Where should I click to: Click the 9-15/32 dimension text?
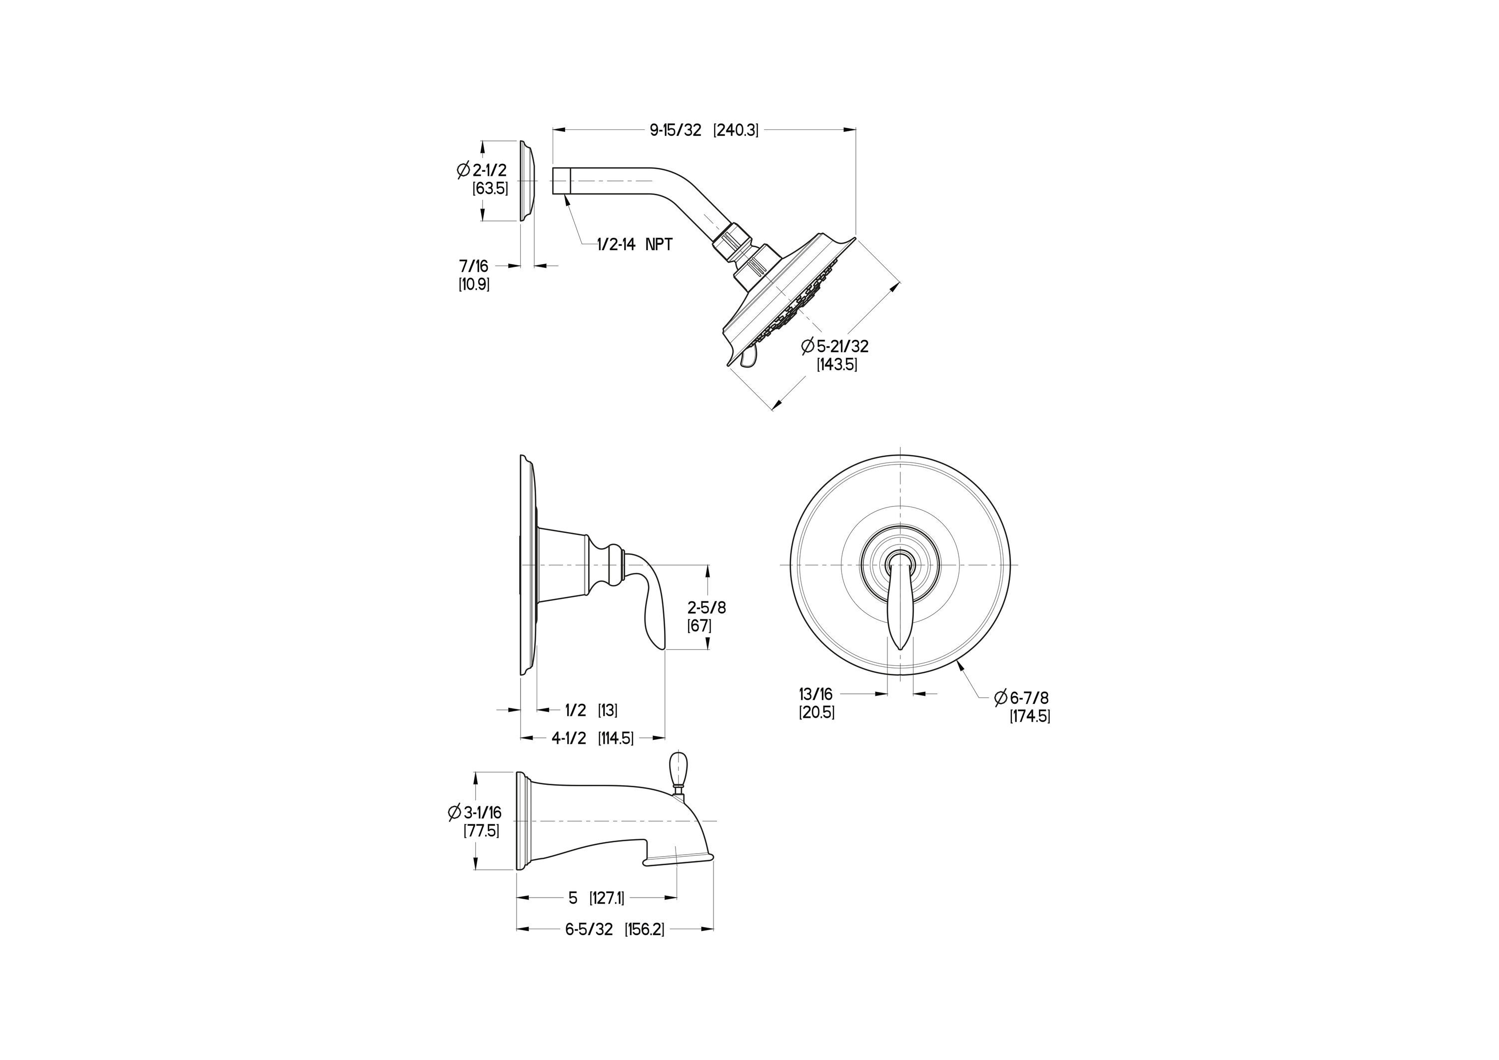point(675,130)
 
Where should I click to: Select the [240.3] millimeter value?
point(736,130)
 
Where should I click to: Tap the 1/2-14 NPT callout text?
point(635,245)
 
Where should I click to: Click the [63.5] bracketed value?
point(490,189)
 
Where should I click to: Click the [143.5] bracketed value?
point(837,365)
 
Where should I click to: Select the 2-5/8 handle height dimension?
point(707,607)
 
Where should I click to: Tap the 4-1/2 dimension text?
point(569,738)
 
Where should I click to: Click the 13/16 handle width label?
point(816,694)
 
